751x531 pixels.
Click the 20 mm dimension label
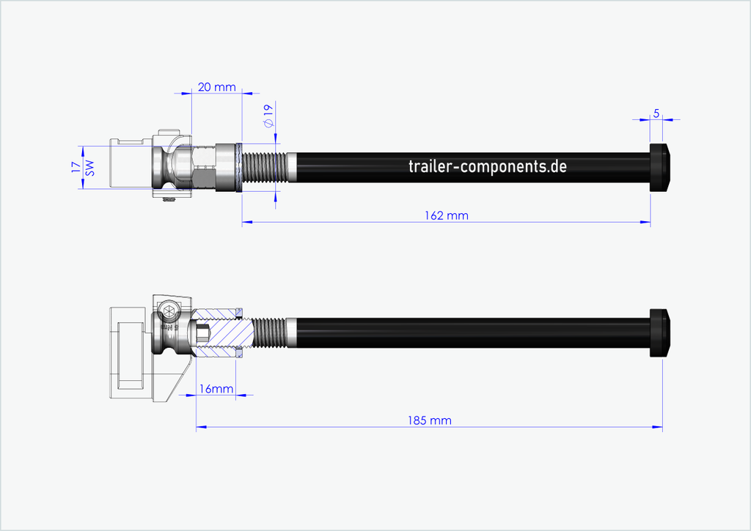coord(216,87)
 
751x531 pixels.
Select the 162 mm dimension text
coord(447,215)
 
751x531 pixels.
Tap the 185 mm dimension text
coord(430,420)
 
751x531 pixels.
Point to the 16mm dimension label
coord(215,388)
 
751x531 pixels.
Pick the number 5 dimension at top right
coord(656,114)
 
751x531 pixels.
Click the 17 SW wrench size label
coord(83,168)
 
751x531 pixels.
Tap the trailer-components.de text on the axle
coord(487,166)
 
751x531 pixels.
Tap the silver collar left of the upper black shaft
coord(291,168)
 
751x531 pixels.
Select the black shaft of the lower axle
coord(469,333)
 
